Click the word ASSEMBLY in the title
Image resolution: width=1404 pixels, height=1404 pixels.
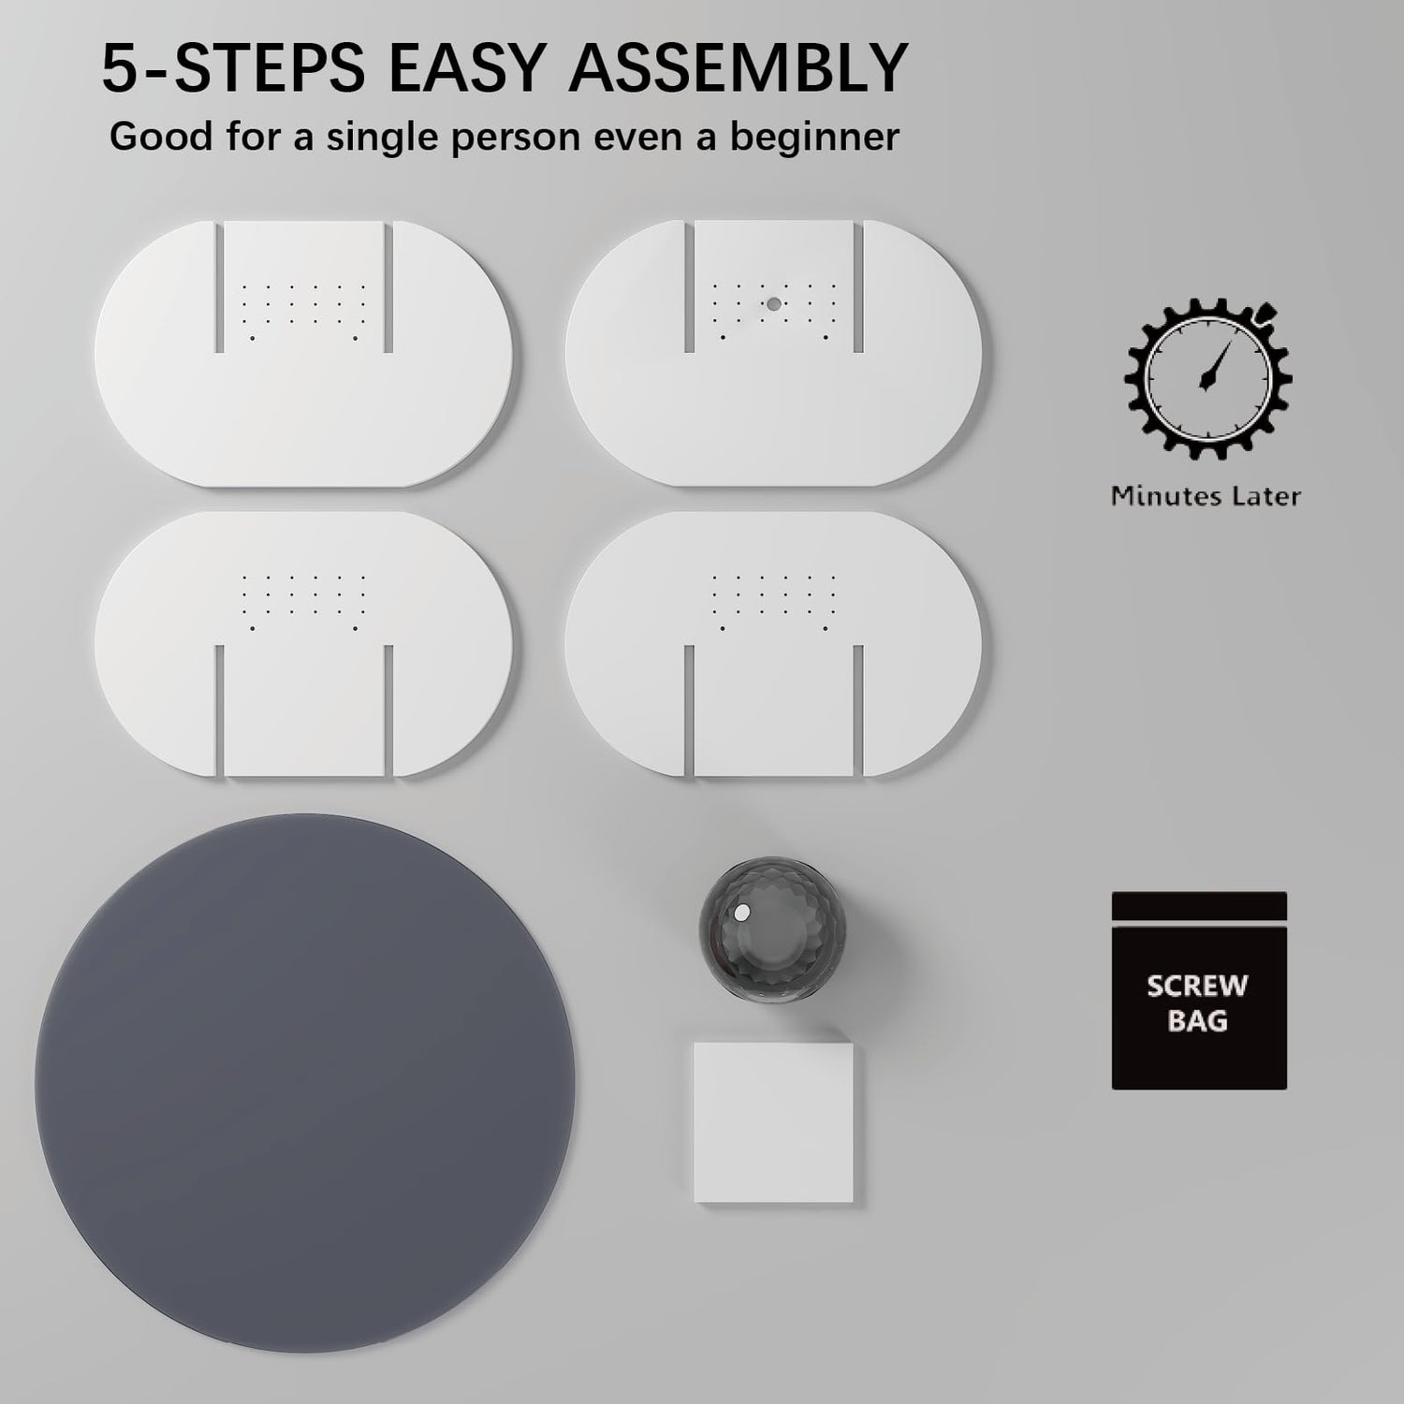tap(739, 67)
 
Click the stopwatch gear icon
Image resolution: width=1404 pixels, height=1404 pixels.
tap(1208, 377)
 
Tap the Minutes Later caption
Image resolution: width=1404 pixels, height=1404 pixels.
tap(1206, 496)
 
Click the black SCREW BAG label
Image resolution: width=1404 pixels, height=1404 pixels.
tap(1199, 990)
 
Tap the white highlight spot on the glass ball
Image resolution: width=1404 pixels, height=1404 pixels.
tap(742, 912)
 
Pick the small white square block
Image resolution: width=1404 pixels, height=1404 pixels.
tap(774, 1122)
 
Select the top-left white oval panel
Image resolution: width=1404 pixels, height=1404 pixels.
tap(303, 354)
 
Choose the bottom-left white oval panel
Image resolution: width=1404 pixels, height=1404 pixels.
tap(303, 644)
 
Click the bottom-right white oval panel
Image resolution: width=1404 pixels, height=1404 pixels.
tap(773, 644)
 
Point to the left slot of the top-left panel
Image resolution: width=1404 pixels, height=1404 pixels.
tap(220, 287)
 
